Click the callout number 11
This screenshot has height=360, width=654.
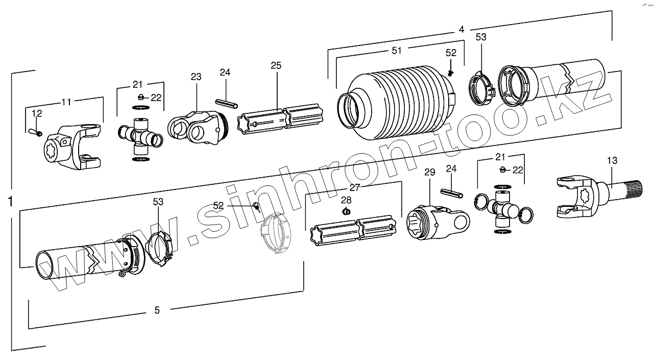[x=66, y=102]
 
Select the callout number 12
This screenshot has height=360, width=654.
[x=37, y=113]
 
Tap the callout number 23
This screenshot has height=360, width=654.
[x=196, y=77]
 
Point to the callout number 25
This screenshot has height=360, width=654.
[x=276, y=65]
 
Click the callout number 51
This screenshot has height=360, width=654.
[x=397, y=50]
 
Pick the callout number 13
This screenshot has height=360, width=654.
[x=612, y=160]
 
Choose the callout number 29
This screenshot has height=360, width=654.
[x=429, y=173]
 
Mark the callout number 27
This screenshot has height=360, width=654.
[x=354, y=187]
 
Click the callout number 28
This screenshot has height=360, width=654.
[x=346, y=200]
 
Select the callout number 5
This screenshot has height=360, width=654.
[x=157, y=309]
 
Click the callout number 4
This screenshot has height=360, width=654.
[x=461, y=30]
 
